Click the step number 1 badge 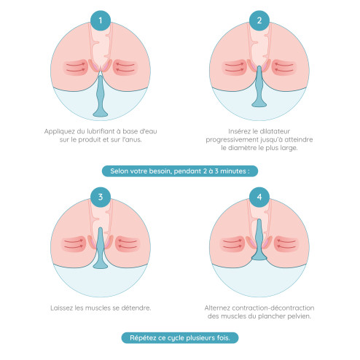pyautogui.click(x=101, y=20)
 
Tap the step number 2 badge pyautogui.click(x=259, y=20)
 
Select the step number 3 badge pyautogui.click(x=101, y=197)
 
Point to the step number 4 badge pyautogui.click(x=259, y=197)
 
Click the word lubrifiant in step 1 pyautogui.click(x=101, y=131)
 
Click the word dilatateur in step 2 pyautogui.click(x=276, y=131)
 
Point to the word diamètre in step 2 pyautogui.click(x=242, y=148)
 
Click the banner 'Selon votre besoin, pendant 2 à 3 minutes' pyautogui.click(x=180, y=171)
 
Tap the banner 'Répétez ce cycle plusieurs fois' pyautogui.click(x=180, y=338)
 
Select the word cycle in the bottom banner pyautogui.click(x=173, y=338)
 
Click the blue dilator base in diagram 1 pyautogui.click(x=101, y=113)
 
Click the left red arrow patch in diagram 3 pyautogui.click(x=74, y=244)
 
